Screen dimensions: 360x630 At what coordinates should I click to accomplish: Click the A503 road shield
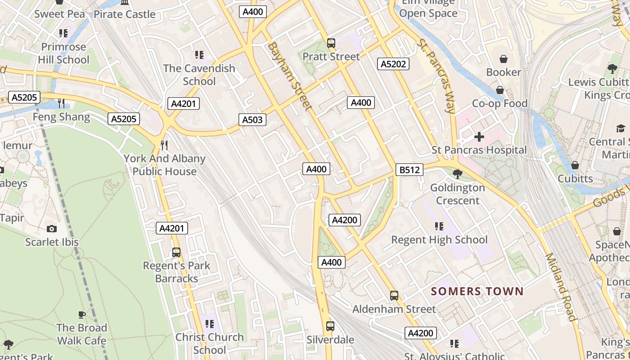pos(252,120)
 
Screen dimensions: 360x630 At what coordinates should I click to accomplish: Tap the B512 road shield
pos(409,170)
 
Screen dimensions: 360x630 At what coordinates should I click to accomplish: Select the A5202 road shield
pos(393,64)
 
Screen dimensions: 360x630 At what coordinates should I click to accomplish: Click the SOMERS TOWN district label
pos(477,291)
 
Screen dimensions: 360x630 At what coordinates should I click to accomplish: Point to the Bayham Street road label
pos(289,76)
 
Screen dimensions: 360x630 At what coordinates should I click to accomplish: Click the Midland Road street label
pos(560,287)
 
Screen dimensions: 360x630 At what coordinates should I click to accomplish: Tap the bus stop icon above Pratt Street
pos(331,43)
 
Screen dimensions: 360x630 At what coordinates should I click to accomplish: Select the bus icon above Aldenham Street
pos(394,296)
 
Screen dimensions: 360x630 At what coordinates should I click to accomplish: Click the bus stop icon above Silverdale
pos(330,326)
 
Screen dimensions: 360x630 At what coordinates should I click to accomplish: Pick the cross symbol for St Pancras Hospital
pos(479,136)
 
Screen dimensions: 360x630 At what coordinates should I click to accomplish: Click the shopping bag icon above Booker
pos(503,59)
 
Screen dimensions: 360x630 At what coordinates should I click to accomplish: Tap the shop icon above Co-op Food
pos(499,90)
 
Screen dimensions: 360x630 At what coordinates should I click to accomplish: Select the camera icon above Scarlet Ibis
pos(52,229)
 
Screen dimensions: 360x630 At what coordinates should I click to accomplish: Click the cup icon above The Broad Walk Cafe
pos(81,315)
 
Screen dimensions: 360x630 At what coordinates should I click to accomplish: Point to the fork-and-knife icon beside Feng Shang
pos(61,103)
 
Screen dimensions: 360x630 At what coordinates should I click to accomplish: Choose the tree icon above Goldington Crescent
pos(457,174)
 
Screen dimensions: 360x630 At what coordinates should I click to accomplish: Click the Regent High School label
pos(439,240)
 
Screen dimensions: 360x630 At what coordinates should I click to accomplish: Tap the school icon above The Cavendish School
pos(199,55)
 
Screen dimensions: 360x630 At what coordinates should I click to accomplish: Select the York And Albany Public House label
pos(164,165)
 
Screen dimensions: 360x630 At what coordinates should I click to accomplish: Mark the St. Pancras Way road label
pos(436,76)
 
